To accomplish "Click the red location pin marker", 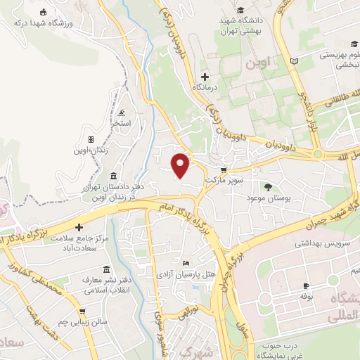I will [x=181, y=165].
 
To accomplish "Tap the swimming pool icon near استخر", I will [x=122, y=113].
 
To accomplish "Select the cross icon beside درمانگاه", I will [x=205, y=77].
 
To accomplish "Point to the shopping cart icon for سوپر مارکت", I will [x=224, y=170].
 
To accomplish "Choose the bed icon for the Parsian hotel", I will [x=185, y=262].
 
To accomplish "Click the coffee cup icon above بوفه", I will [x=306, y=285].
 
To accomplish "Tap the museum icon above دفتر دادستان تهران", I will [x=114, y=175].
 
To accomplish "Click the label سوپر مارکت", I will [x=223, y=181].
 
